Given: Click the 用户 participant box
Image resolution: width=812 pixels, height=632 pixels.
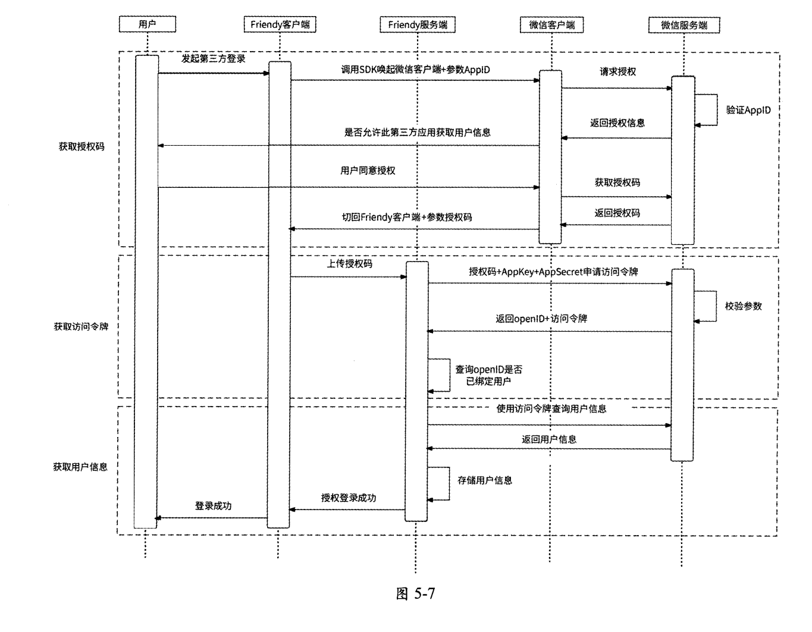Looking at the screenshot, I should click(147, 24).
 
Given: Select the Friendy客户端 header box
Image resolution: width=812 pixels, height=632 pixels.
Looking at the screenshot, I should click(280, 24).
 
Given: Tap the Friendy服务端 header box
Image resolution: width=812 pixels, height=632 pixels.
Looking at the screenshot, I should click(417, 24).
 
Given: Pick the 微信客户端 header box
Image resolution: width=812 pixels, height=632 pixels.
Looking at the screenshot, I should click(551, 25).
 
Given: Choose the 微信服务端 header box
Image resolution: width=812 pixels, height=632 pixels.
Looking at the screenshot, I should click(684, 25).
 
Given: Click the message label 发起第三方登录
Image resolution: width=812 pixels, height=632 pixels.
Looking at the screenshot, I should click(213, 59).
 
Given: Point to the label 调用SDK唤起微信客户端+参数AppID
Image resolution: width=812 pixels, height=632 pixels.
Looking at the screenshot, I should click(415, 70).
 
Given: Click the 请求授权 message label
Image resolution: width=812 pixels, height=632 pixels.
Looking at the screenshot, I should click(617, 71).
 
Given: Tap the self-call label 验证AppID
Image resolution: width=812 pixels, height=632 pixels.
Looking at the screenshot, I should click(748, 110).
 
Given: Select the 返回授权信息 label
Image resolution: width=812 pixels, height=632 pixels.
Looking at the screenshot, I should click(617, 123).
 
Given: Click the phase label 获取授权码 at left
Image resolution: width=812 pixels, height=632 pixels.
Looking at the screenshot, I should click(81, 146).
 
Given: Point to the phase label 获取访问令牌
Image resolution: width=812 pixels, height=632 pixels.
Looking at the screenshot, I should click(81, 326).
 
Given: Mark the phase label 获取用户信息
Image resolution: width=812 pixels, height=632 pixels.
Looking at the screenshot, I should click(80, 467).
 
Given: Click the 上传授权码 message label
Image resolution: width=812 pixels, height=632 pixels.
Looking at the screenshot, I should click(350, 263).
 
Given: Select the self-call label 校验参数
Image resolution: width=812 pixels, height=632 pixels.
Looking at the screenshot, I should click(743, 306).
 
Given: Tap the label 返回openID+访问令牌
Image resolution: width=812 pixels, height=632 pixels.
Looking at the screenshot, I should click(541, 319).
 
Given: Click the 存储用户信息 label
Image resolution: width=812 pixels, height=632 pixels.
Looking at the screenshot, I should click(485, 480).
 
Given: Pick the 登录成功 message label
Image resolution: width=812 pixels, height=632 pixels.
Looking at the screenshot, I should click(213, 506).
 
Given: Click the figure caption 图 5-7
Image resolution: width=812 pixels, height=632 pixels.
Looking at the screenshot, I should click(415, 593).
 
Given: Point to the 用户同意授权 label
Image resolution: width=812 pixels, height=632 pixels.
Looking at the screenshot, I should click(368, 171).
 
